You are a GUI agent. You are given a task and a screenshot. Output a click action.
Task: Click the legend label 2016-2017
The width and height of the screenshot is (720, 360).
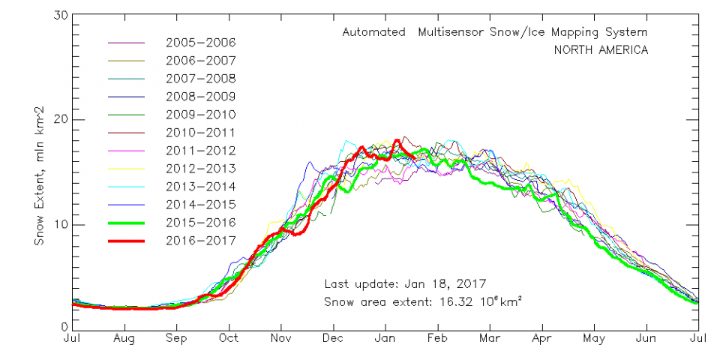201,240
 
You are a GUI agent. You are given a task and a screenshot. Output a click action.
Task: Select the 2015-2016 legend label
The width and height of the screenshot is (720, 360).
201,222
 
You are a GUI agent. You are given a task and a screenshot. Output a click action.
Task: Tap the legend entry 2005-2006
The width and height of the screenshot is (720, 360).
201,42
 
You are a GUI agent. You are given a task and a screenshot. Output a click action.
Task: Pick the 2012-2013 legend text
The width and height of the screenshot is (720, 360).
201,168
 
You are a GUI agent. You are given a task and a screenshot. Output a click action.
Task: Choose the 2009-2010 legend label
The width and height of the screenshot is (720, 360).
201,114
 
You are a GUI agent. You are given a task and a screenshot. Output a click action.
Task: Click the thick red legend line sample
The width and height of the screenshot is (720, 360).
128,240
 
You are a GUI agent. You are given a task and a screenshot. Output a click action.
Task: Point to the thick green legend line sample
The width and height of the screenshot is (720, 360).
128,222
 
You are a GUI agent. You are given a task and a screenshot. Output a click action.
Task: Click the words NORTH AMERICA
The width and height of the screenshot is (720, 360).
600,50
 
